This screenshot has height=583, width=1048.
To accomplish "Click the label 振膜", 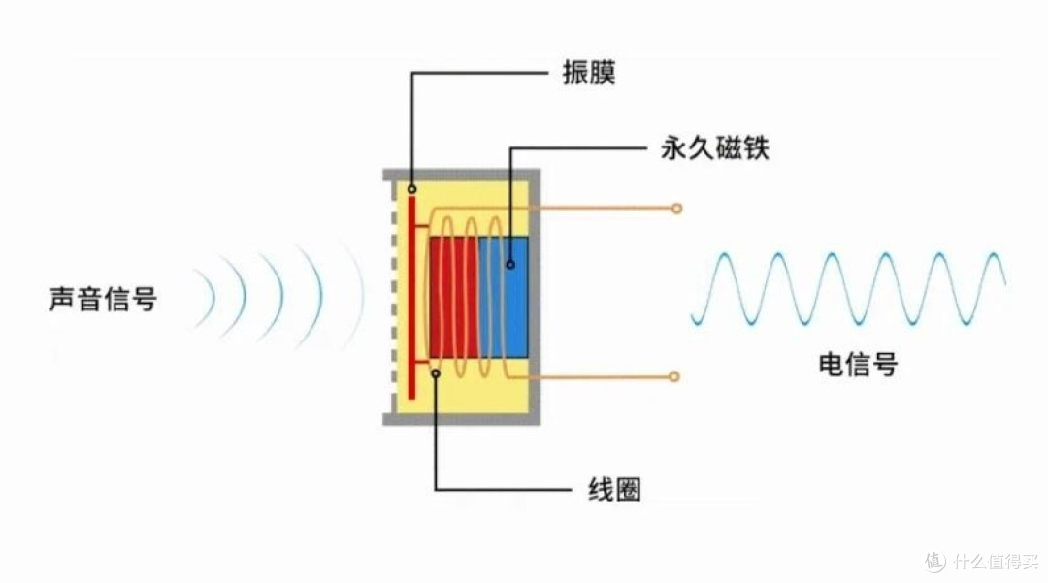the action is point(588,72).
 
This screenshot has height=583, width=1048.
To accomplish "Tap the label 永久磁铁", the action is point(714,147).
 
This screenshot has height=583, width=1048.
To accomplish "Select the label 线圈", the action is point(614,490).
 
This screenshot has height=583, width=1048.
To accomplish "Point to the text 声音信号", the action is point(103,299).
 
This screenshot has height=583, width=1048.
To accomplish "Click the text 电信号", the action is point(858,364).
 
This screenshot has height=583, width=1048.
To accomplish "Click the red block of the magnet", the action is point(454,297).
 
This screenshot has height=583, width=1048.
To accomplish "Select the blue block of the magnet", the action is point(504,297).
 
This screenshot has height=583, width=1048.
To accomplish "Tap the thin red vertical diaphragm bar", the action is point(411,298).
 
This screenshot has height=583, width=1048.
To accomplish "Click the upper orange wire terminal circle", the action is point(677,209).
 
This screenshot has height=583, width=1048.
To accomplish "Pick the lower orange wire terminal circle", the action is point(674,376).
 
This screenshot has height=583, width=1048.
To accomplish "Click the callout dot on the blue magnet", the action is point(510,265).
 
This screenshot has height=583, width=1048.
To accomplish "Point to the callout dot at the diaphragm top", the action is point(411,190).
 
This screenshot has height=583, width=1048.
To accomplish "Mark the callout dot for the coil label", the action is point(435,373).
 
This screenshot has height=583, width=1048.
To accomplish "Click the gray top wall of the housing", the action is point(461,175).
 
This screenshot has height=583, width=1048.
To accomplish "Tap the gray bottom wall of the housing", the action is point(461,419).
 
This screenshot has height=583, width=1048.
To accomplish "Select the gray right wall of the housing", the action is point(535,297).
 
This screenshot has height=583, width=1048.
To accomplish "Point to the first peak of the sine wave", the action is point(722,254).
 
